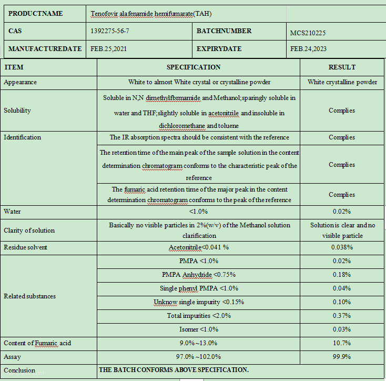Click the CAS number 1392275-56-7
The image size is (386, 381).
110,31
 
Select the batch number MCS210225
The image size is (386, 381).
308,33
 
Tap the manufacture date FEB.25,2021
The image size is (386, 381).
109,49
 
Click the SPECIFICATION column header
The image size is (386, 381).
194,67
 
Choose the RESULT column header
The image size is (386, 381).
342,67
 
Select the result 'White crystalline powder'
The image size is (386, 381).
342,82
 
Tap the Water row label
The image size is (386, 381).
12,212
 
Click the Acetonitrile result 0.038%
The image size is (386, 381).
342,247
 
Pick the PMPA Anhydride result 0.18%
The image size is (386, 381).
342,275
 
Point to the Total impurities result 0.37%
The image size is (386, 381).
342,316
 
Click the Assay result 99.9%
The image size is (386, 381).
342,357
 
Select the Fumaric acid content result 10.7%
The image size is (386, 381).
342,343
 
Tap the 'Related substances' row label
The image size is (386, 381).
29,296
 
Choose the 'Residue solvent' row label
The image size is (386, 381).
25,247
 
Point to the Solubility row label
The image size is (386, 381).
17,111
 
